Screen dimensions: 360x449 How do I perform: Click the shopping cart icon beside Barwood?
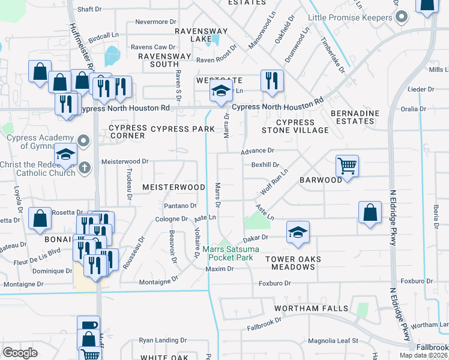point(347,165)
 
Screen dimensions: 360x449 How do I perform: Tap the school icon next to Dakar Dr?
point(298,232)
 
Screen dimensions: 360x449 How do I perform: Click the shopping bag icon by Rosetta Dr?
point(40,219)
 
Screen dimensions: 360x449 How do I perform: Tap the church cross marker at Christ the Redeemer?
point(85,168)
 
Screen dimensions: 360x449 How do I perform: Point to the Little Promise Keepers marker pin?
point(402,17)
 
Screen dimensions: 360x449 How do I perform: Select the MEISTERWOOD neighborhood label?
point(173,187)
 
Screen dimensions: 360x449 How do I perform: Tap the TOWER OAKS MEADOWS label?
point(291,263)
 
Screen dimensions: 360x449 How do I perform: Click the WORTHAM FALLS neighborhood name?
point(311,308)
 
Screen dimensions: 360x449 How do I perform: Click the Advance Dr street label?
point(258,151)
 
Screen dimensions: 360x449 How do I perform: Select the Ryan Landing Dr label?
point(159,340)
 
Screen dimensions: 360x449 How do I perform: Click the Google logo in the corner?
point(20,353)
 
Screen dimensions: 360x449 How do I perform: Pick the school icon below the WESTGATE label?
point(220,92)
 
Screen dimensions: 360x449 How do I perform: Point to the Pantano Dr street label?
point(181,205)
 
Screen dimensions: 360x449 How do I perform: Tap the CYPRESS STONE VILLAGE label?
point(295,126)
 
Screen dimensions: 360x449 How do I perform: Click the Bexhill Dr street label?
point(265,164)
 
